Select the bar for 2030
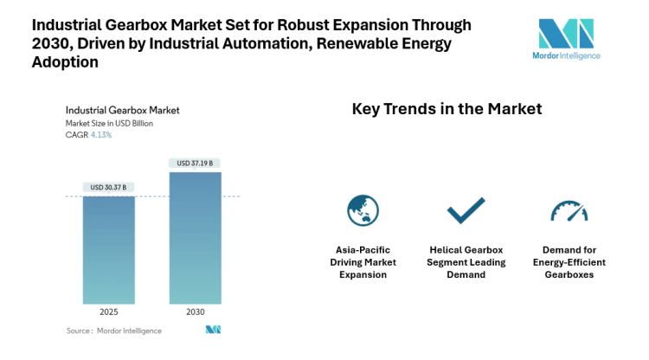click(195, 237)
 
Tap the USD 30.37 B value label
click(109, 187)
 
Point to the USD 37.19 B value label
click(195, 163)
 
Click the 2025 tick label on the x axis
click(109, 312)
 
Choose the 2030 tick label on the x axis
click(195, 312)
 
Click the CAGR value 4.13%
click(103, 134)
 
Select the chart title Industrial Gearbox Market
click(123, 111)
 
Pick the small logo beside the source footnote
click(213, 330)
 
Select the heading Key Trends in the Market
click(447, 109)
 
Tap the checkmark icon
click(465, 210)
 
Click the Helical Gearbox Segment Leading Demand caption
click(465, 262)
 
